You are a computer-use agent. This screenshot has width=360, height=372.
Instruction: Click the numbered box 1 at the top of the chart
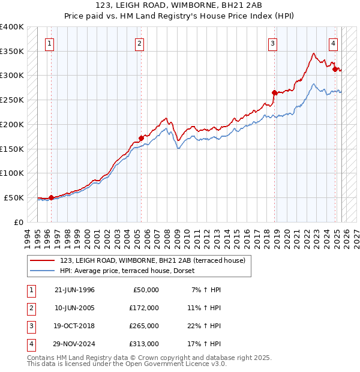tap(49, 43)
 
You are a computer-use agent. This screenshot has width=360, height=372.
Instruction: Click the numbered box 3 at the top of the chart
tap(272, 43)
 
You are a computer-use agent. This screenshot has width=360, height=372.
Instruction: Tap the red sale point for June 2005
tap(141, 137)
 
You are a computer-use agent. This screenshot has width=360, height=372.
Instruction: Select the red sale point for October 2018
tap(274, 92)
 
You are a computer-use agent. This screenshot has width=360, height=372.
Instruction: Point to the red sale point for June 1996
tap(51, 197)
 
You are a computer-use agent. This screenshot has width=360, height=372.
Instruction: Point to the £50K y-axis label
tap(14, 197)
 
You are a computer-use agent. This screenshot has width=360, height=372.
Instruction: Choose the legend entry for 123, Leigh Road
tap(152, 260)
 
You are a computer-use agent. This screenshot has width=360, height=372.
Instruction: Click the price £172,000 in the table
tap(145, 307)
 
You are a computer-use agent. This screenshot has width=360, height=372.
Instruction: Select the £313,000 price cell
tap(145, 344)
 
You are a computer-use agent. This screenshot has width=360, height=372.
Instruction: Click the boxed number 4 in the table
tap(31, 344)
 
